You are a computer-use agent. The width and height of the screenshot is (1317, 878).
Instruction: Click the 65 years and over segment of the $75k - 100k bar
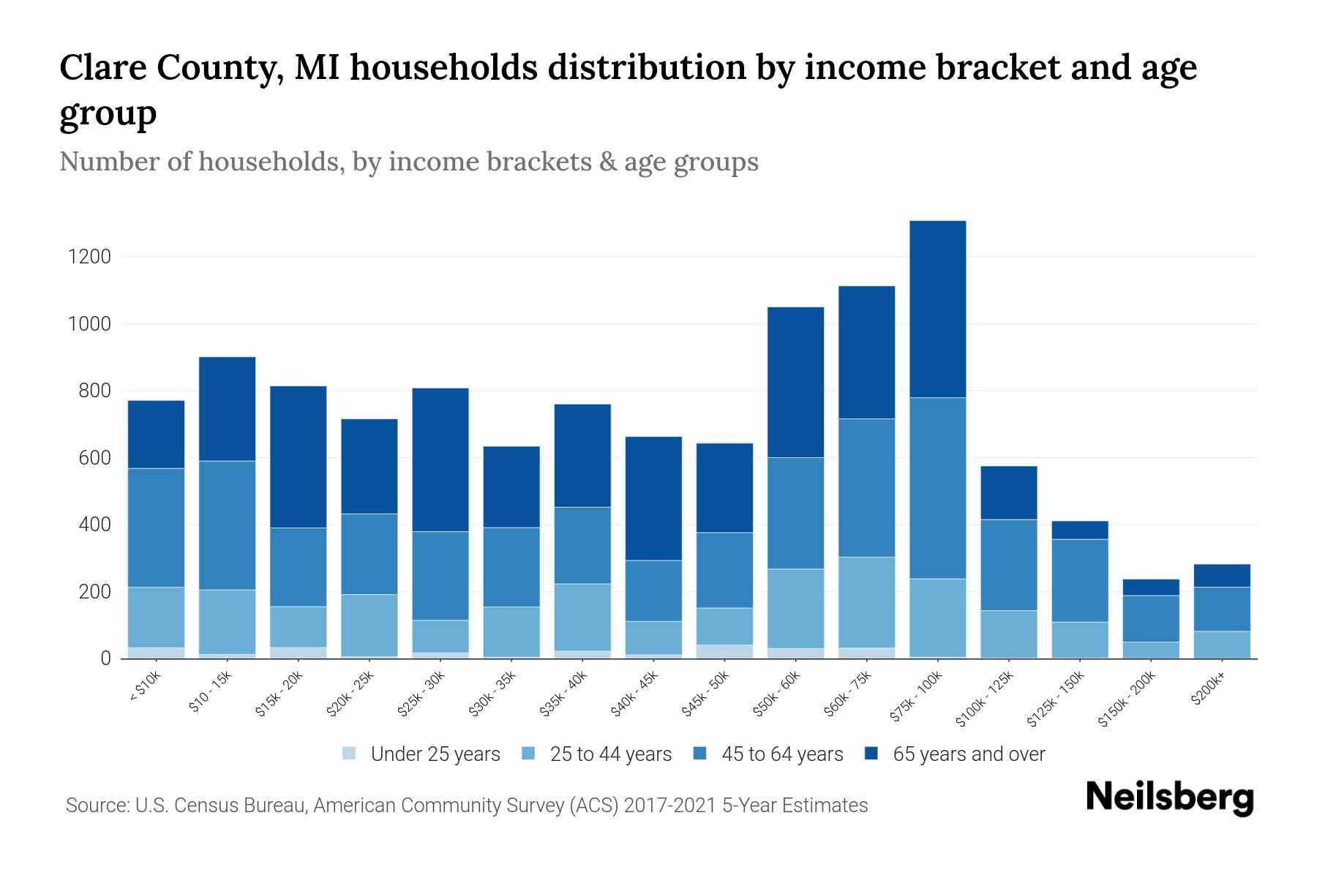[937, 309]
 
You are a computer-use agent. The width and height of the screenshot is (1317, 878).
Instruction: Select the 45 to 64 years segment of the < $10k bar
[156, 527]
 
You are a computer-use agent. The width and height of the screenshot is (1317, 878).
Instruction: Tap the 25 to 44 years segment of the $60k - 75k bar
[866, 602]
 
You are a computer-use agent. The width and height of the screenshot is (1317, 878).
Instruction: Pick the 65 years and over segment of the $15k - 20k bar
[298, 457]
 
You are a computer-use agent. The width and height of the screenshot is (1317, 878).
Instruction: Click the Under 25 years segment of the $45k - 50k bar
[724, 651]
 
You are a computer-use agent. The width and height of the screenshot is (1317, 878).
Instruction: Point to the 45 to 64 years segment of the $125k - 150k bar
[1079, 580]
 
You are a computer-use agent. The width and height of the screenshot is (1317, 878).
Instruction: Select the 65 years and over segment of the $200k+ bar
[1221, 575]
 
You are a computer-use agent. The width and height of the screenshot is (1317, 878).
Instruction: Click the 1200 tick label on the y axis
[89, 257]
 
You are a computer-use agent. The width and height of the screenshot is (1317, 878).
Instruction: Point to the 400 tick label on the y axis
[94, 525]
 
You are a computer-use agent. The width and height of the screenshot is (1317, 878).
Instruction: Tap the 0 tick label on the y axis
[105, 658]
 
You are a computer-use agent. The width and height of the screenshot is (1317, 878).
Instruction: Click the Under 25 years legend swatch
[350, 754]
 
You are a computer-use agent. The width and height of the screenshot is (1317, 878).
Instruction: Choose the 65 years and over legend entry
[969, 754]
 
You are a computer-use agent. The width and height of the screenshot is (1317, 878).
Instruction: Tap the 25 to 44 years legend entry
[610, 754]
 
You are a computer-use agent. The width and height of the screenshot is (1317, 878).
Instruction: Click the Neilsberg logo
[1169, 797]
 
